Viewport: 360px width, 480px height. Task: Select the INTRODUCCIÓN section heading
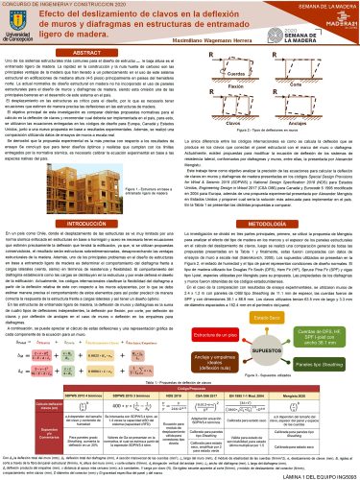88,222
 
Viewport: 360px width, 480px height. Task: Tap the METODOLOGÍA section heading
268,222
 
